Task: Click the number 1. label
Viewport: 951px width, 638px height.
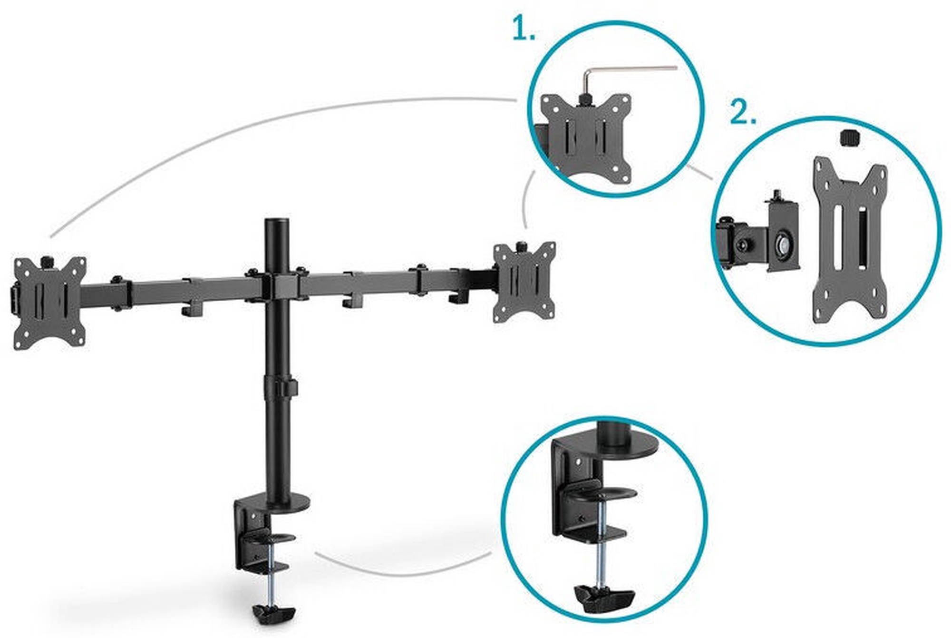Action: (x=524, y=29)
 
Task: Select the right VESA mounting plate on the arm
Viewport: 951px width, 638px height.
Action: (x=524, y=282)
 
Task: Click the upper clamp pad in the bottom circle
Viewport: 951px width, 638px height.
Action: (x=601, y=492)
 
